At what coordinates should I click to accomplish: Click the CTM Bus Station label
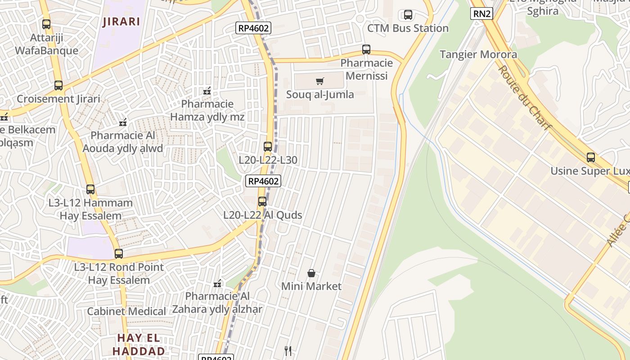pos(408,28)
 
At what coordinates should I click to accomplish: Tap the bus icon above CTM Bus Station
pos(408,15)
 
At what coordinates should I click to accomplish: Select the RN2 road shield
pos(481,13)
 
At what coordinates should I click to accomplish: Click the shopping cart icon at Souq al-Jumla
pos(319,81)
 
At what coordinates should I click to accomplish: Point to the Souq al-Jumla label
pos(320,94)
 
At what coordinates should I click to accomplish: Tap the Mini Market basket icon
pos(311,273)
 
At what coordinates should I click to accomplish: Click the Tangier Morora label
pos(478,54)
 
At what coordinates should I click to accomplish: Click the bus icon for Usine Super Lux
pos(591,157)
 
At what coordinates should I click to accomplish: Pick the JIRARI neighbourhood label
pos(121,21)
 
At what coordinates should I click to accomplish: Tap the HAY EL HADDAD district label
pos(139,344)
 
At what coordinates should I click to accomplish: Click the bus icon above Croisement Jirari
pos(58,85)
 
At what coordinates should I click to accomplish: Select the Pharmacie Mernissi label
pos(366,69)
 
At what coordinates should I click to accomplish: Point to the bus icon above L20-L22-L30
pos(268,147)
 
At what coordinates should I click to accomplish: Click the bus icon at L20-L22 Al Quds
pos(262,202)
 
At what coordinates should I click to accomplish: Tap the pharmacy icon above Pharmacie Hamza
pos(207,91)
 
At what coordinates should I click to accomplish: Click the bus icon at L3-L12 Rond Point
pos(119,254)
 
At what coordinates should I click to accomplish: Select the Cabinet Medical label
pos(126,311)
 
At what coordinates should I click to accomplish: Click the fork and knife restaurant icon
pos(288,351)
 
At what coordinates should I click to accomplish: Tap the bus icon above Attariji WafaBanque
pos(46,24)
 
